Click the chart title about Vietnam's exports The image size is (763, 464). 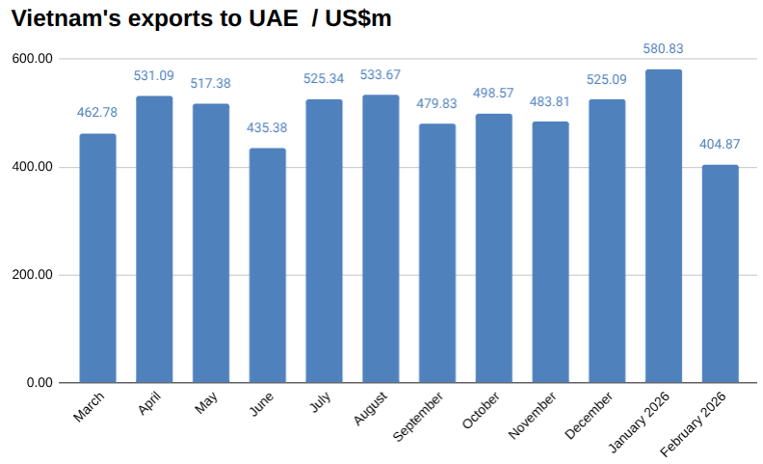(200, 18)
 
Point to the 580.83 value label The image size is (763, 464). (664, 48)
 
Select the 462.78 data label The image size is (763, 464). (97, 113)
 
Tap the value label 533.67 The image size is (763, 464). (381, 74)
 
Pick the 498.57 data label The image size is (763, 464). (494, 94)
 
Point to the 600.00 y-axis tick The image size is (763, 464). (34, 59)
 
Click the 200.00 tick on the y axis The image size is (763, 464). (34, 275)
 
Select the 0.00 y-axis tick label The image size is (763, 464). (39, 383)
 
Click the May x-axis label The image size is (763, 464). (206, 402)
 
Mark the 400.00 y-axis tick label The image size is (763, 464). (34, 167)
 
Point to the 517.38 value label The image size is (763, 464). (211, 84)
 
